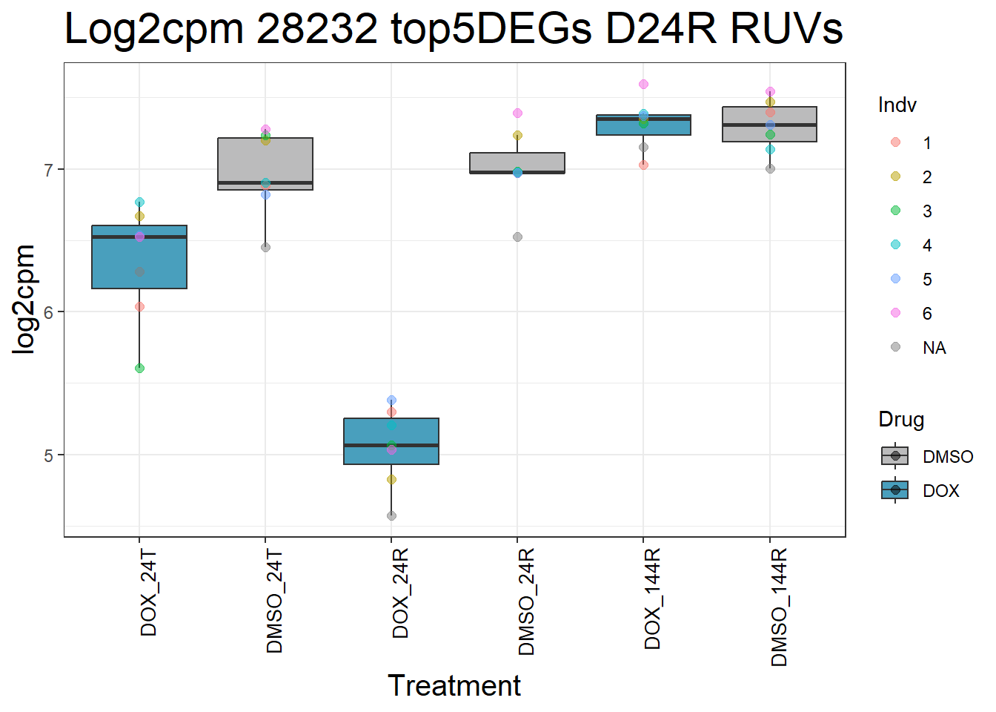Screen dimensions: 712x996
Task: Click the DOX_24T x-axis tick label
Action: (149, 593)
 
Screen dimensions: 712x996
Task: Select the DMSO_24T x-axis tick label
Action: (275, 601)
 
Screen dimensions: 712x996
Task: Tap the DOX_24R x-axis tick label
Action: (401, 594)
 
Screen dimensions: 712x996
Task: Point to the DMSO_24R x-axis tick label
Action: (527, 602)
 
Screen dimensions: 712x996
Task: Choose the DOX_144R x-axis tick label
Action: (653, 599)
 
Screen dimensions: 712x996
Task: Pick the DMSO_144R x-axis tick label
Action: (779, 607)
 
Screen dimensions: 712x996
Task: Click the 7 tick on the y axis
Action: (49, 170)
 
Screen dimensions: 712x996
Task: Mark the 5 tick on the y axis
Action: (49, 455)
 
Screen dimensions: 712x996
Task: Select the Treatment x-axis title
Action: (454, 686)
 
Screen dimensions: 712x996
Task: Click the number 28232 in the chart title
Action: (317, 30)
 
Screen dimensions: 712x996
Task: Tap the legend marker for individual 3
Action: (895, 211)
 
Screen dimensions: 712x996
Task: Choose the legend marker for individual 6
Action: (895, 313)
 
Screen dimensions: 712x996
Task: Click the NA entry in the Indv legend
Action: (934, 348)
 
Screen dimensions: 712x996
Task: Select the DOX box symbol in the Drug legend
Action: (895, 490)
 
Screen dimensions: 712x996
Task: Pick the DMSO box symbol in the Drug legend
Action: (895, 456)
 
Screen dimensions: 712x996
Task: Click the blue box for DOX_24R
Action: (391, 441)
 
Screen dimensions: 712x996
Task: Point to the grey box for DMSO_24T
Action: (265, 163)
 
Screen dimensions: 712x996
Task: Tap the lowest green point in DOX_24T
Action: (139, 368)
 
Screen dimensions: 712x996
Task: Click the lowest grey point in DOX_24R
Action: (391, 515)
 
